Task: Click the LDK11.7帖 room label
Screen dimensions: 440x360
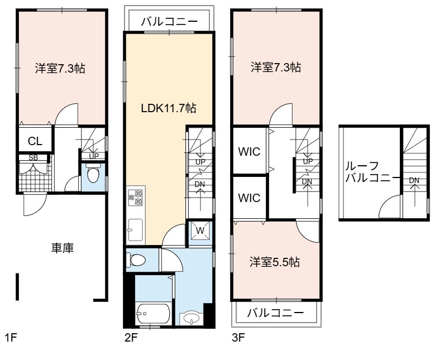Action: point(169,108)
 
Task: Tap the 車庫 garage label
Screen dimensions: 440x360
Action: point(63,248)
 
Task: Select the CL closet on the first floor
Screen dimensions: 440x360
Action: point(35,141)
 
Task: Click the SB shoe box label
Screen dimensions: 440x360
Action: point(33,158)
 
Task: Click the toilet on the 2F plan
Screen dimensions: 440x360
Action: point(136,260)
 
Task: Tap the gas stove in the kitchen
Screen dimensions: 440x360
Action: point(136,197)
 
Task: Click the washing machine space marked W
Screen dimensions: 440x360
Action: point(200,231)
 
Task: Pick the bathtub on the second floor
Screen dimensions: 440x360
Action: point(153,314)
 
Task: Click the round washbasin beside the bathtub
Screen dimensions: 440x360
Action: point(191,318)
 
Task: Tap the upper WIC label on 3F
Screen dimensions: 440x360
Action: point(249,152)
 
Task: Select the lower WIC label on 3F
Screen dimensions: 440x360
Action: point(249,198)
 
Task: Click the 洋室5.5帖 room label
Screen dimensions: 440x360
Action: point(275,262)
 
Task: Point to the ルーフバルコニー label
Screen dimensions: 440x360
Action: point(372,172)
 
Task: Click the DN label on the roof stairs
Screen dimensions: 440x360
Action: point(414,180)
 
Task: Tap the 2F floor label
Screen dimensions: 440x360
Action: point(131,338)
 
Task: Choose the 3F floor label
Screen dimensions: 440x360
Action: point(238,338)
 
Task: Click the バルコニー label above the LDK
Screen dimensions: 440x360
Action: point(170,22)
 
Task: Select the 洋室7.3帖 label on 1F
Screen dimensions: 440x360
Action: point(60,68)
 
